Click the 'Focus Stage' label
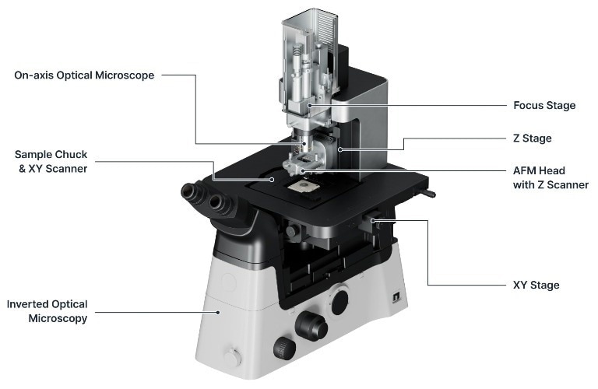544,105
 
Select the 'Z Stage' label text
533,138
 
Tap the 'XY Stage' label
536,286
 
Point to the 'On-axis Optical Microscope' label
84,75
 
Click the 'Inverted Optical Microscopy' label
47,311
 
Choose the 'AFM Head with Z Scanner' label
551,177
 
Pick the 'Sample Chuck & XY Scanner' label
51,160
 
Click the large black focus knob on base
312,326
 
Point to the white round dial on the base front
230,357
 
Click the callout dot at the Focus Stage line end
310,105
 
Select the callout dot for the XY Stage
374,221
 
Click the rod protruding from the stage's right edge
428,194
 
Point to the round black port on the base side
340,301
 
